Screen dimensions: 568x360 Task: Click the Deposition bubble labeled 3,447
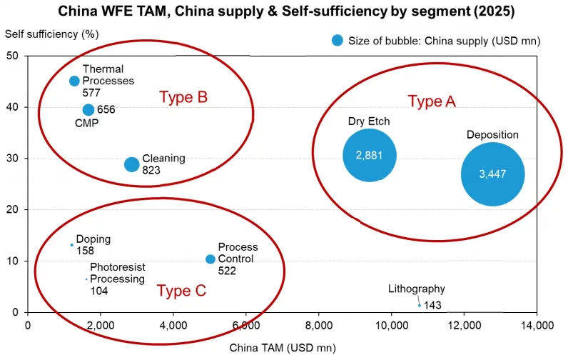pos(492,174)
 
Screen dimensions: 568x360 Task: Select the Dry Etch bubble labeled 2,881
pos(370,155)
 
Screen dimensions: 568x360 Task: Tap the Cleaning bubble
pos(132,164)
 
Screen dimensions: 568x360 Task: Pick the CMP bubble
pos(88,109)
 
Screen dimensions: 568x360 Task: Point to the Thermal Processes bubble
pos(74,81)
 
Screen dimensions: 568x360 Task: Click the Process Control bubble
pos(211,259)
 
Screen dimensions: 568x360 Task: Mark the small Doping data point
pos(72,245)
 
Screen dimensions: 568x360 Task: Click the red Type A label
pos(432,101)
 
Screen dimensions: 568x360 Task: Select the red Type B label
pos(183,97)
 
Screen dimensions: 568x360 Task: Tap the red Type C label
pos(181,291)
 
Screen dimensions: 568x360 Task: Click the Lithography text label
pos(417,289)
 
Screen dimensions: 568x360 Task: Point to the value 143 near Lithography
pos(432,305)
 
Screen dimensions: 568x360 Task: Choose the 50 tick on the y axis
pos(12,56)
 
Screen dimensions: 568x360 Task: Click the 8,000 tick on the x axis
pos(319,325)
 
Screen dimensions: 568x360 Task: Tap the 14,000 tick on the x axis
pos(537,325)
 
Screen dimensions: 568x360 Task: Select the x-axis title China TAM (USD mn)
pos(283,348)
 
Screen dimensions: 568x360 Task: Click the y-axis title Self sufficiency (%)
pos(52,34)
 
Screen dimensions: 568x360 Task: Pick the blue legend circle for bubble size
pos(338,40)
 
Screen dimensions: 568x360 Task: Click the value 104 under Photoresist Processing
pos(99,291)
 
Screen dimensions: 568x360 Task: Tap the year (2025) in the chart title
pos(494,11)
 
